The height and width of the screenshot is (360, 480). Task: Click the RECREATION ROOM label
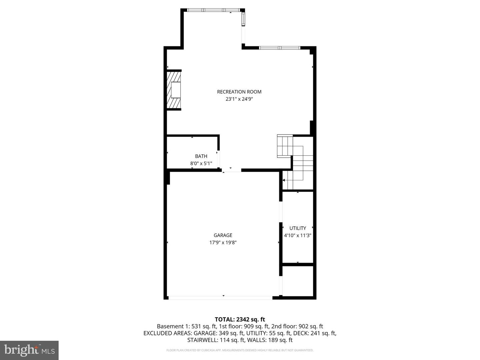[239, 92]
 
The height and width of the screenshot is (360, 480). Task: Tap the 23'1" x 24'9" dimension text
[239, 99]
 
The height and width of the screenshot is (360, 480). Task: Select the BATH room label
[201, 156]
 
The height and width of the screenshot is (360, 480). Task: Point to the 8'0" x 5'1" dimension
[201, 163]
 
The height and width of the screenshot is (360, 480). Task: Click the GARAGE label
[223, 235]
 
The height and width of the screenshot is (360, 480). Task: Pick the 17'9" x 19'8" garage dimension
[223, 243]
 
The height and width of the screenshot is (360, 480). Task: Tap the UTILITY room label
[298, 228]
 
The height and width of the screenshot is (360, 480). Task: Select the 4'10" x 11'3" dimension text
[298, 235]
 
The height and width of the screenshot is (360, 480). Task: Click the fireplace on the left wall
[174, 90]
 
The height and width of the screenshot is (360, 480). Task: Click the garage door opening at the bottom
[220, 297]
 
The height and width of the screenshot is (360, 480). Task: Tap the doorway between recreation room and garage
[231, 170]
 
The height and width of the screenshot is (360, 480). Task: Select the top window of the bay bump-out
[213, 10]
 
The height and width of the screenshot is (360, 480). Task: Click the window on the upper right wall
[280, 48]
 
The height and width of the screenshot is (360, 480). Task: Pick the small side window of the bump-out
[243, 19]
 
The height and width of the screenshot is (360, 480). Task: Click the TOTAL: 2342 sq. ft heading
[240, 319]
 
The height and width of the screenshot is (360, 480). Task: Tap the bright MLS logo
[29, 350]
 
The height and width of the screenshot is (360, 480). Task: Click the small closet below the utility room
[298, 281]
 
